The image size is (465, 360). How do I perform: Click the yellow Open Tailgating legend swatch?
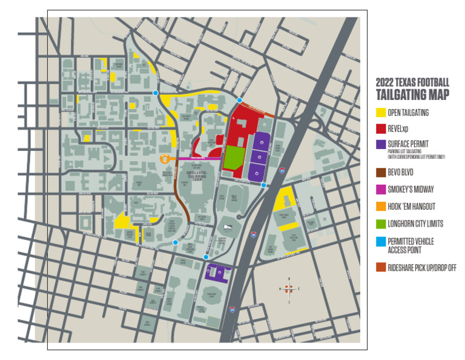381,112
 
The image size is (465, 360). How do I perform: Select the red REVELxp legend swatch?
381,128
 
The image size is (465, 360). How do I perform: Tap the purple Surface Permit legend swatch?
381,144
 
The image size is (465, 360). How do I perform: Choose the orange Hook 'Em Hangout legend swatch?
381,207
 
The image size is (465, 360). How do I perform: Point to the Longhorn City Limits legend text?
415,224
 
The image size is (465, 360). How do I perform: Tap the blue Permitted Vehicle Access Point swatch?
381,241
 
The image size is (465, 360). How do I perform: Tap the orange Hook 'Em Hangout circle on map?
164,158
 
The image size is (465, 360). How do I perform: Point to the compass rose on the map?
289,288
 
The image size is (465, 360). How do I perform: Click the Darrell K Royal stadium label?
197,174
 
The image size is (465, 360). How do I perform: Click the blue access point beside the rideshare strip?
240,100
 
